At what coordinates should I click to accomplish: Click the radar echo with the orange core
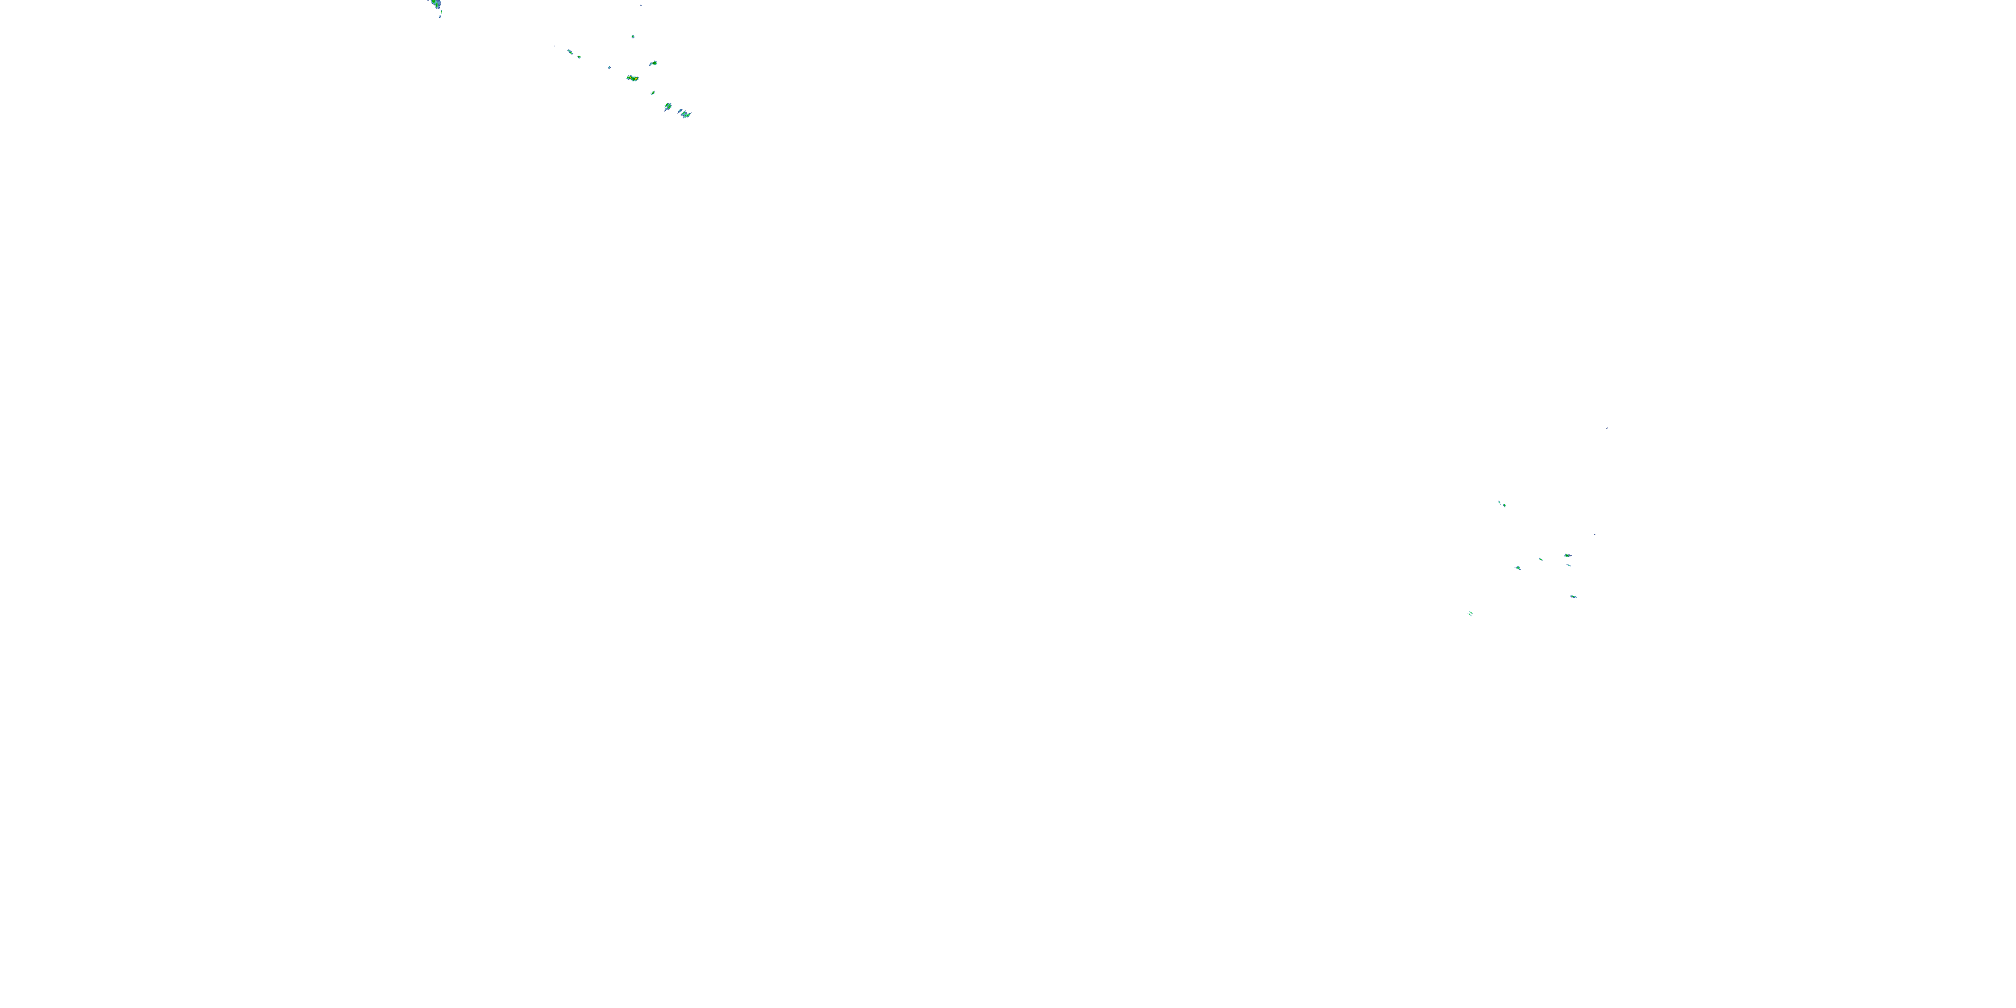point(632,78)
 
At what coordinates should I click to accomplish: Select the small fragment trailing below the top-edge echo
point(440,15)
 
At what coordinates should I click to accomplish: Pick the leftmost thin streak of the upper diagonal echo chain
point(570,52)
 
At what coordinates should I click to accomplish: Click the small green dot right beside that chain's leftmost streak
point(579,56)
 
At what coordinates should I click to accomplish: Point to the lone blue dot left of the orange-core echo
point(609,67)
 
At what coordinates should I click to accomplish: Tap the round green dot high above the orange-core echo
point(632,36)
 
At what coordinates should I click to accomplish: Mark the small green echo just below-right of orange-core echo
point(652,92)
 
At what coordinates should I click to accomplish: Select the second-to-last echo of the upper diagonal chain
point(667,106)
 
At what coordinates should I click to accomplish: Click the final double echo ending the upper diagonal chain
point(684,114)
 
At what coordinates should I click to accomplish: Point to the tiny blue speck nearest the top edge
point(641,5)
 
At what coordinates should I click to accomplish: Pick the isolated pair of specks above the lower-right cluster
point(1501,503)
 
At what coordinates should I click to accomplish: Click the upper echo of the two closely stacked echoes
point(1567,555)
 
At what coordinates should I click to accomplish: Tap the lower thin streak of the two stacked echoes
point(1568,564)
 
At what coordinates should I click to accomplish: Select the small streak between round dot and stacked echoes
point(1540,559)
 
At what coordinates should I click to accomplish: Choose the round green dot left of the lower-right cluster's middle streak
point(1518,567)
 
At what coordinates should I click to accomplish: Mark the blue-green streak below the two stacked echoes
point(1573,596)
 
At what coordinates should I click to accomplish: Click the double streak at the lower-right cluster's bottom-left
point(1470,613)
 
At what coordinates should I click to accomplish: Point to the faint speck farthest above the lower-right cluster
point(1607,428)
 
